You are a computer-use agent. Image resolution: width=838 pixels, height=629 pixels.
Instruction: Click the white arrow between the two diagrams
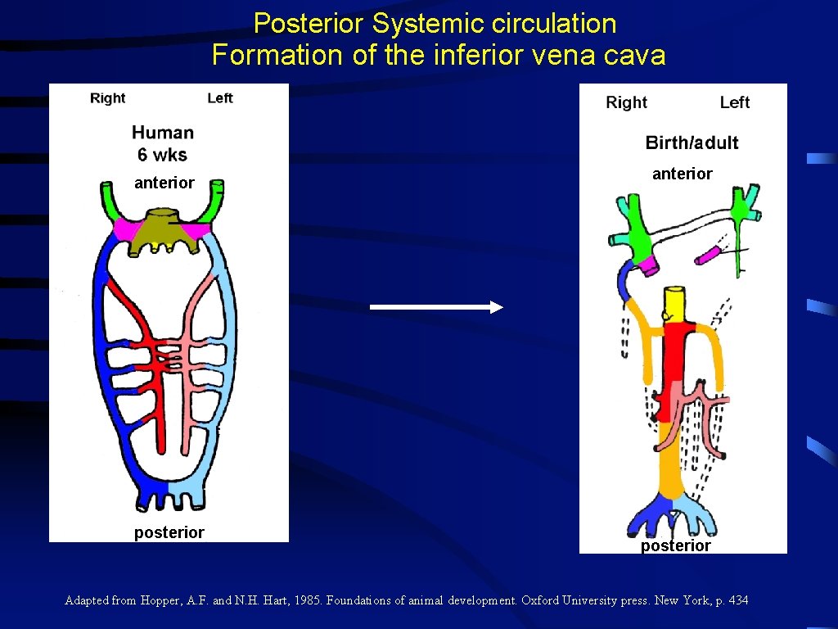(x=435, y=307)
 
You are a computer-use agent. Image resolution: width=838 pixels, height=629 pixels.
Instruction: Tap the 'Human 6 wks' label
(x=163, y=143)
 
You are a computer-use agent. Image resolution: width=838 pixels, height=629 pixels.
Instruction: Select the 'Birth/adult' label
(x=692, y=143)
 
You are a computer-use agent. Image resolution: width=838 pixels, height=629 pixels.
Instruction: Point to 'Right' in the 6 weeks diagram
(x=108, y=98)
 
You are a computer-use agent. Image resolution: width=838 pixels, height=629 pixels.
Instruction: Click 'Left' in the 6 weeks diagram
(x=220, y=98)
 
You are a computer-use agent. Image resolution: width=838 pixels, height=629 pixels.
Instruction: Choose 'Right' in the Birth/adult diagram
(x=626, y=102)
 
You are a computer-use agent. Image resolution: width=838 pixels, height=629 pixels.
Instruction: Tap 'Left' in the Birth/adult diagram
(x=734, y=102)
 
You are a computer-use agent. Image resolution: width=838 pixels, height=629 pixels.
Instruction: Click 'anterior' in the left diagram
(x=164, y=183)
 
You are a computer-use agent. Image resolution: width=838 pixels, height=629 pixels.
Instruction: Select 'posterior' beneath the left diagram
(x=169, y=532)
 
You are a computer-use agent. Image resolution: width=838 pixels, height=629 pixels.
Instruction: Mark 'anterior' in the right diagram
(x=683, y=174)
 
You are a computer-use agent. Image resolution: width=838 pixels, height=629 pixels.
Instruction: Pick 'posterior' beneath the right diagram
(x=676, y=545)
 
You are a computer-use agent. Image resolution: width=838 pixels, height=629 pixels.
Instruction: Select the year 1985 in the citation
(x=308, y=600)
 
